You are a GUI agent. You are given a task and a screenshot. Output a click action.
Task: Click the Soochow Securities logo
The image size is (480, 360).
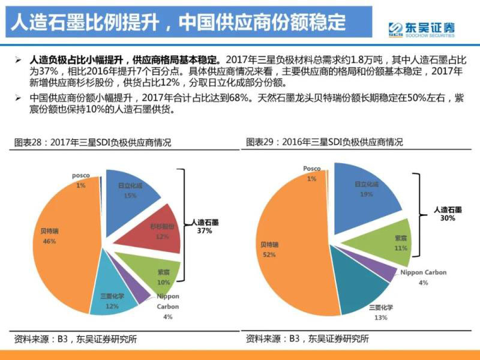421,28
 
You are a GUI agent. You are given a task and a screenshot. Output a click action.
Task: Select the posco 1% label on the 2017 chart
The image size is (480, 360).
80,180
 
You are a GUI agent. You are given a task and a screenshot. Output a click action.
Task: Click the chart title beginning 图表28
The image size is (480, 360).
93,143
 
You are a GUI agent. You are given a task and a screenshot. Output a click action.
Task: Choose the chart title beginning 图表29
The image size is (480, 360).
325,142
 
